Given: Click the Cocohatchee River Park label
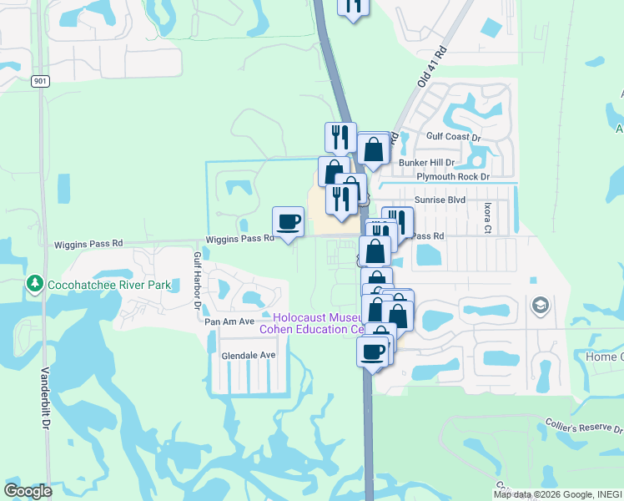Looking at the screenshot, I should [108, 285].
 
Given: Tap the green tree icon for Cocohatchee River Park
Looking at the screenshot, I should [34, 284].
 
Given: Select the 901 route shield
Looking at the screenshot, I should [41, 81].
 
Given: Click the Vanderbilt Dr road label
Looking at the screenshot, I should [45, 397].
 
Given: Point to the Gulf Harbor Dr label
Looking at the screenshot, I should [198, 281].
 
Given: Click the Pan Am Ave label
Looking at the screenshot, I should [229, 321].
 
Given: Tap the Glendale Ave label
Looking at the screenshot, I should [248, 355].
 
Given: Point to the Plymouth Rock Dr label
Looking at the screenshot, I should [450, 177].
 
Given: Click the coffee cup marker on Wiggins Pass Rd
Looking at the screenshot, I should [289, 222].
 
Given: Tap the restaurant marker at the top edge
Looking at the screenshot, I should [353, 6].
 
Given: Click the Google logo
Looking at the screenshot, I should [28, 491].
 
